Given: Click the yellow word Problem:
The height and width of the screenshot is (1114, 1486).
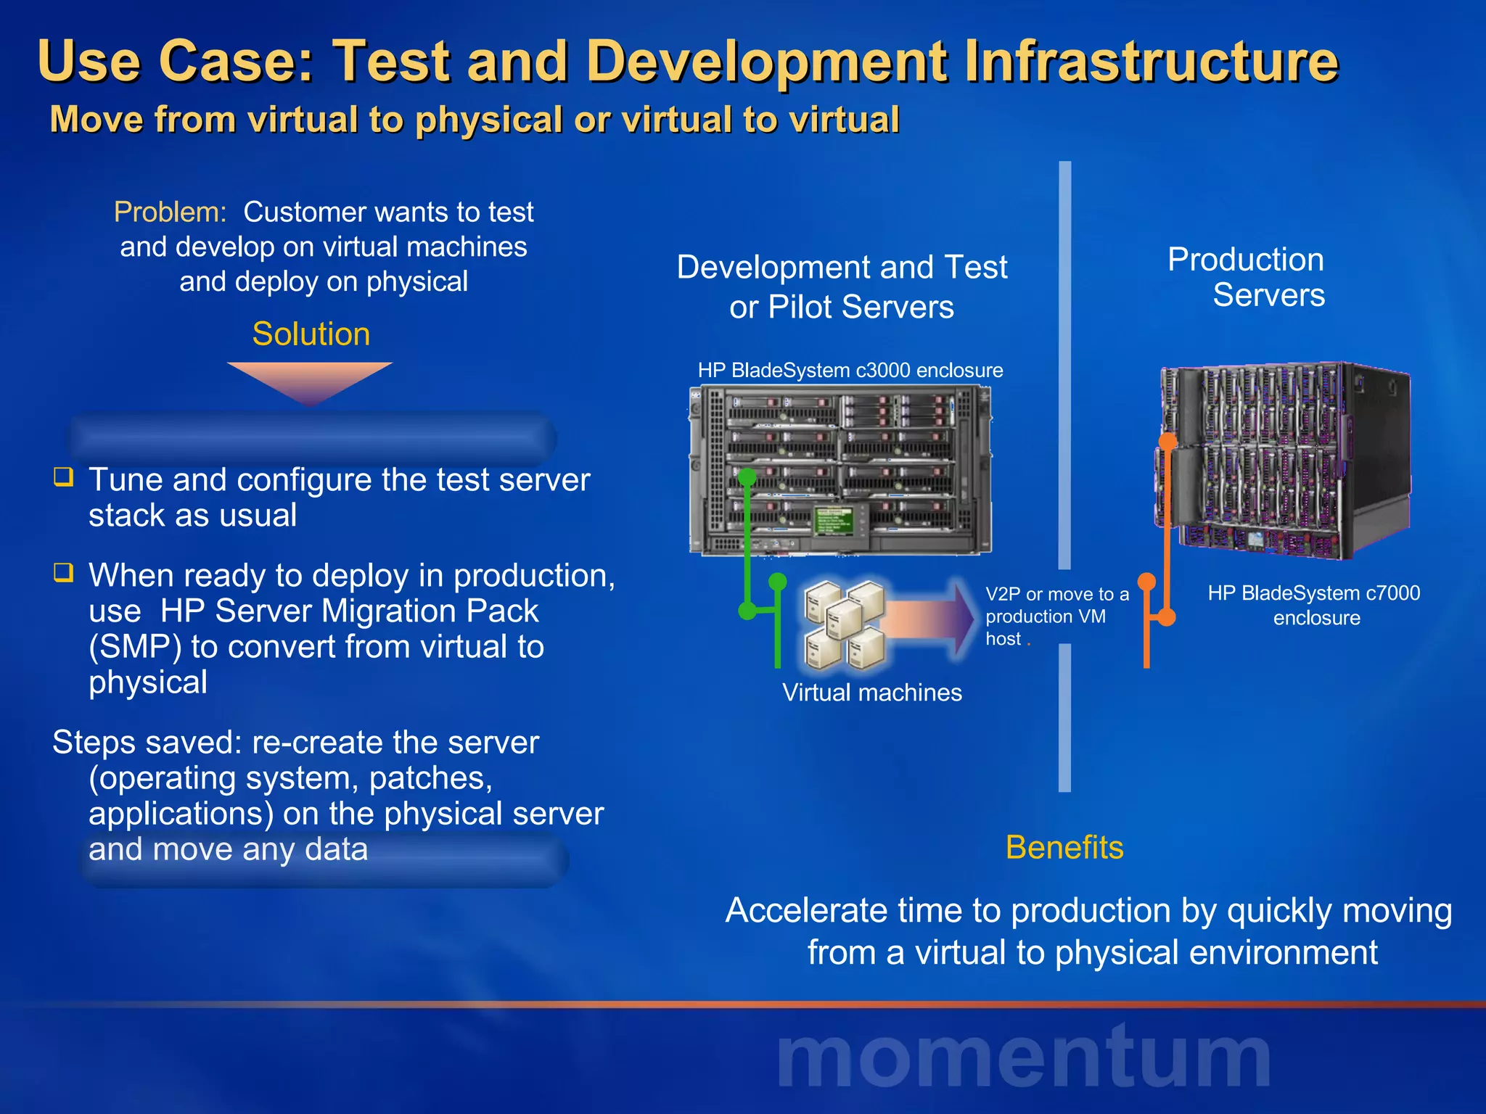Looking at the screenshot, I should tap(171, 213).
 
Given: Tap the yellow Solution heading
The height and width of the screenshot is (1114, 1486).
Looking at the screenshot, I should tap(311, 334).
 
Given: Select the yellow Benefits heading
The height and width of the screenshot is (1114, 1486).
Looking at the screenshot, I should tap(1064, 847).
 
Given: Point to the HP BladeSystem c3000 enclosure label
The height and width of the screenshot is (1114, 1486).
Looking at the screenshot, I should tap(850, 371).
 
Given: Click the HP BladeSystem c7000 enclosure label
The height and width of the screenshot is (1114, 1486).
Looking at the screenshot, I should tap(1313, 606).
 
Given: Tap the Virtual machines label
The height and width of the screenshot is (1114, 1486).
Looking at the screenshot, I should tap(871, 693).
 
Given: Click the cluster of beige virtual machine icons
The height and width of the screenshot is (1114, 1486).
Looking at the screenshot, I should tap(845, 624).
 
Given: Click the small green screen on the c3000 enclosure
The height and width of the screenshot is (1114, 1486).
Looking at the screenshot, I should tap(834, 519).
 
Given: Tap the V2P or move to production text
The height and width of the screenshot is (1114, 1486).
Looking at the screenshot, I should tap(1056, 616).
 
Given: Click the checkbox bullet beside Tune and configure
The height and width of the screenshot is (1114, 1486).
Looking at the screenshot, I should tap(64, 477).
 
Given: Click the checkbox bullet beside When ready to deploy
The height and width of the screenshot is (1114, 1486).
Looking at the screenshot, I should tap(64, 573).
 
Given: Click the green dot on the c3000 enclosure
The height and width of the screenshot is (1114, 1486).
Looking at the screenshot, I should tap(747, 477).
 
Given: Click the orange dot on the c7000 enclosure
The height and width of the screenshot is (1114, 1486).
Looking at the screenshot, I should tap(1167, 441).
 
